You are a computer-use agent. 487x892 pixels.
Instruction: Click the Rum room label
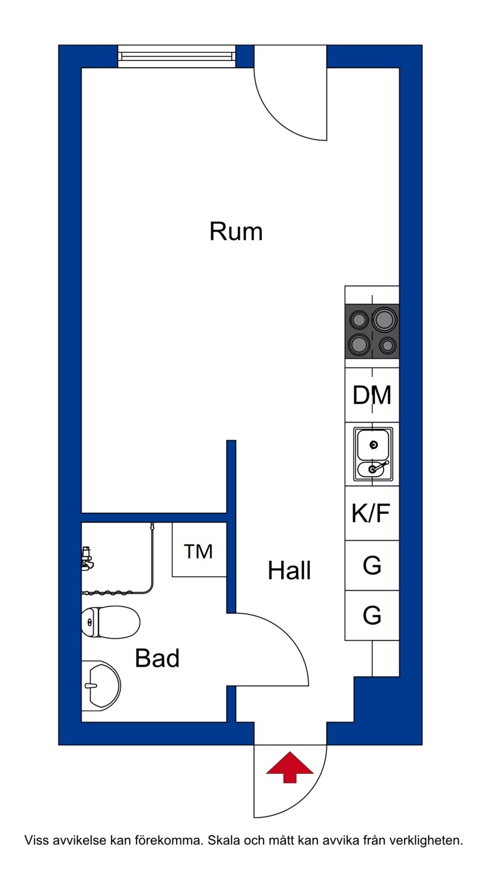pyautogui.click(x=236, y=231)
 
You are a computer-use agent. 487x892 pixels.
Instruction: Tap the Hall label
pyautogui.click(x=289, y=571)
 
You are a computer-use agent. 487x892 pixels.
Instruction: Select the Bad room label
pyautogui.click(x=157, y=658)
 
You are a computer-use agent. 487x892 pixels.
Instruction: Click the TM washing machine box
pyautogui.click(x=199, y=550)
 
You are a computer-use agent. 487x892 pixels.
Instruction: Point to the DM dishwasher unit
pyautogui.click(x=372, y=395)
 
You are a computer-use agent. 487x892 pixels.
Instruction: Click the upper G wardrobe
pyautogui.click(x=372, y=566)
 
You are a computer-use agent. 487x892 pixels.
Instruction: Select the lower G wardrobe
pyautogui.click(x=372, y=615)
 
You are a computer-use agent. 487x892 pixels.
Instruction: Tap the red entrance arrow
pyautogui.click(x=290, y=767)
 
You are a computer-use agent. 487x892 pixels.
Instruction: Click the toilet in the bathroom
pyautogui.click(x=111, y=622)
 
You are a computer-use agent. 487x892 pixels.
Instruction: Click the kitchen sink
pyautogui.click(x=373, y=454)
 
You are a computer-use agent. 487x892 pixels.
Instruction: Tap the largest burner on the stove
pyautogui.click(x=385, y=320)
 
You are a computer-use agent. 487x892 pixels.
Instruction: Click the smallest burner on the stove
pyautogui.click(x=387, y=346)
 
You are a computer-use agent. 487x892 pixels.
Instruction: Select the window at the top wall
pyautogui.click(x=177, y=56)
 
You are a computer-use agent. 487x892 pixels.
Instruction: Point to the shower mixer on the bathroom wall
pyautogui.click(x=87, y=558)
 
